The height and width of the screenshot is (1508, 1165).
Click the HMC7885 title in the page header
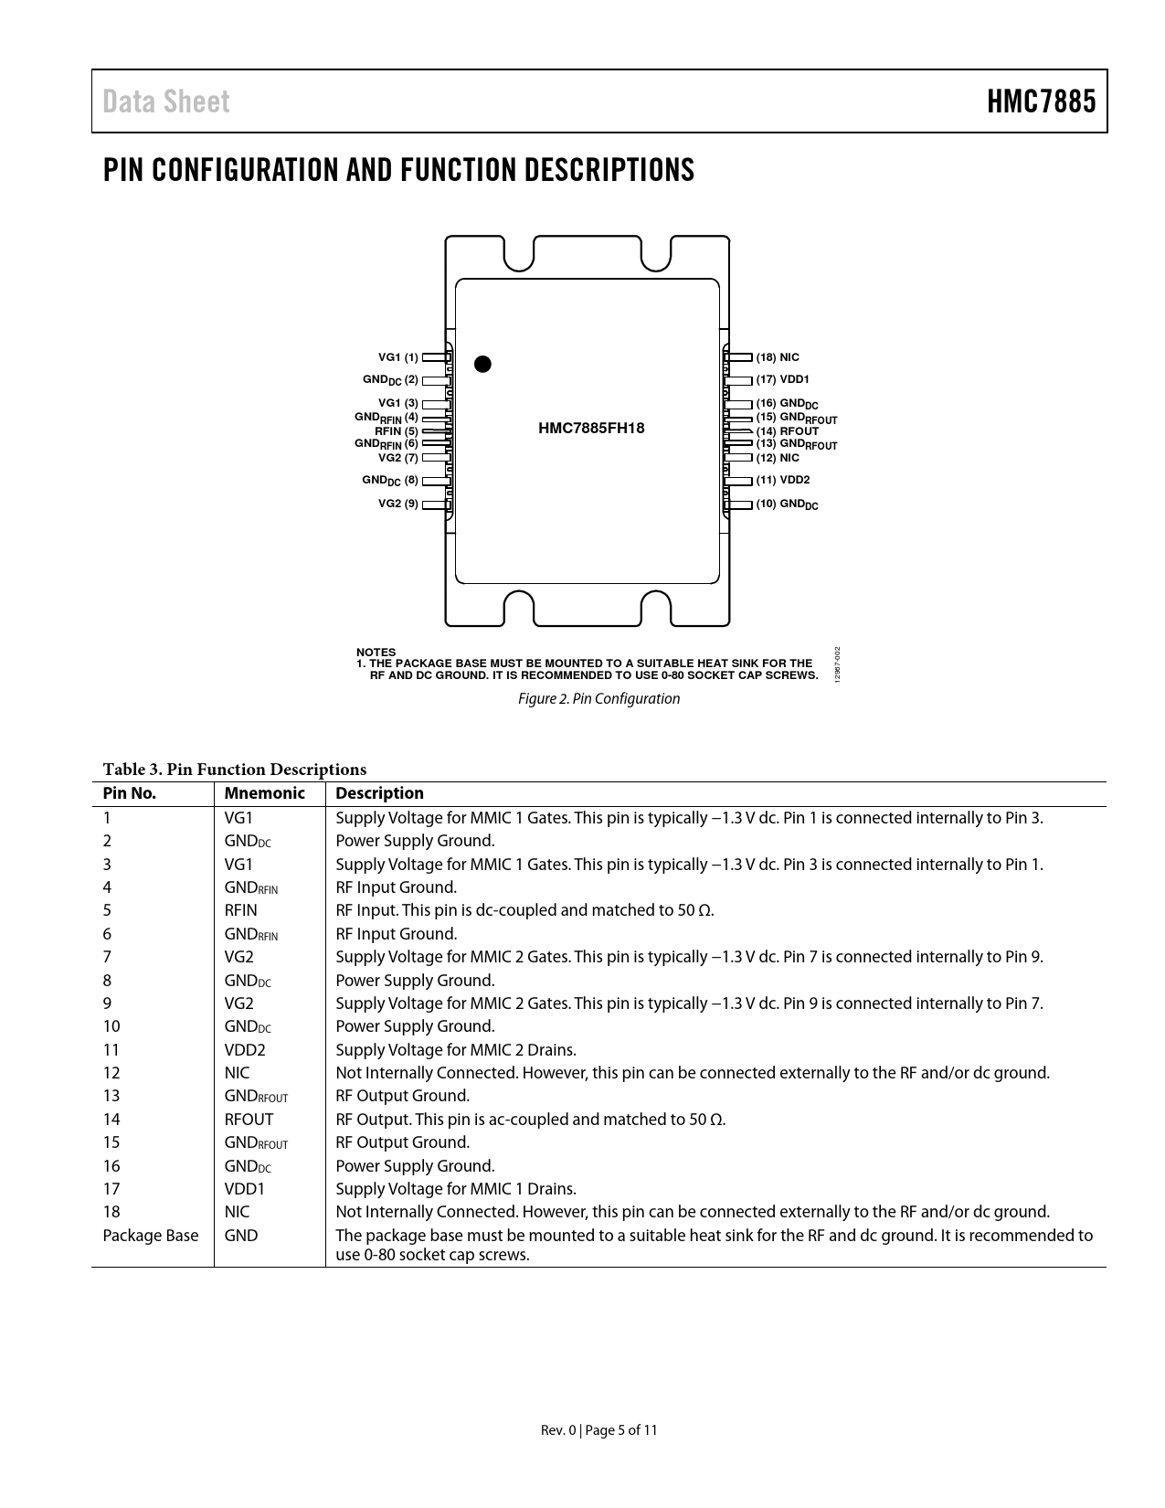point(1040,101)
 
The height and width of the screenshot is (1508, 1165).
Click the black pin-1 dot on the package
point(482,364)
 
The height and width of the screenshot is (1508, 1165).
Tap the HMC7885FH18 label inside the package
point(591,428)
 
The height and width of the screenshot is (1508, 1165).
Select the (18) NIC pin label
point(778,357)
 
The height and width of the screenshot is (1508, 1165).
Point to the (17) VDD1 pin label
point(782,379)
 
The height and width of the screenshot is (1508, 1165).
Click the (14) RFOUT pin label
point(787,431)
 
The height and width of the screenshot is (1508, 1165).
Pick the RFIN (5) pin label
point(397,431)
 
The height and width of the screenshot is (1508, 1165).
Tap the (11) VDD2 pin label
point(782,480)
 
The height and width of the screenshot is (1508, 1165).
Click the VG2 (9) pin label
point(397,504)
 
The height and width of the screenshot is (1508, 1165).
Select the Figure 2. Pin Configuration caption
point(598,699)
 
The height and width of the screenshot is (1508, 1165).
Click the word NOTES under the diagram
point(376,653)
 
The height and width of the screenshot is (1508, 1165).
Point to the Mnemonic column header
point(264,793)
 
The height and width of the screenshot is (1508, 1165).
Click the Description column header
point(379,793)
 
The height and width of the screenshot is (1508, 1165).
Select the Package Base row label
point(151,1236)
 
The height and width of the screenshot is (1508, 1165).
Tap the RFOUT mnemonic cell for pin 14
point(249,1120)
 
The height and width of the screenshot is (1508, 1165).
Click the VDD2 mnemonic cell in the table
point(245,1050)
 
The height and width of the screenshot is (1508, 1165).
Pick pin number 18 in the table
point(111,1212)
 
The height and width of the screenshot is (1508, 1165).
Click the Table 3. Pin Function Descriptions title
point(234,770)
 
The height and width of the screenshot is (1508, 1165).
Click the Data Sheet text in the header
point(166,101)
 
